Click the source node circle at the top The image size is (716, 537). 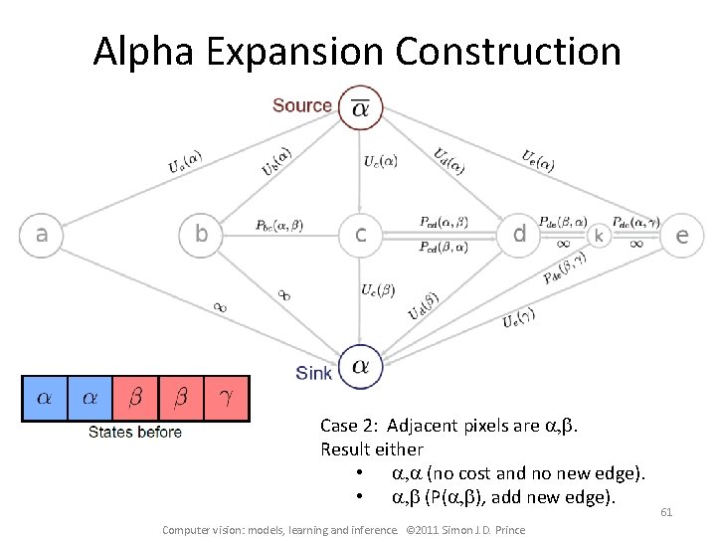point(360,107)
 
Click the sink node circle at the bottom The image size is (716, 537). point(361,368)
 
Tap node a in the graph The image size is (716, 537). point(42,235)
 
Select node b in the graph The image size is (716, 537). point(202,235)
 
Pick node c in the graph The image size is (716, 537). point(361,235)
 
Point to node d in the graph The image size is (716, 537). point(519,235)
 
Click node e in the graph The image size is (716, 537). point(682,236)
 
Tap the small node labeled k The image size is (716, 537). point(599,236)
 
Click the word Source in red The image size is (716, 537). point(302,105)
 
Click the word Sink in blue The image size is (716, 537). point(314,374)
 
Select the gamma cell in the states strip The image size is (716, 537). point(228,398)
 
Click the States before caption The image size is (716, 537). point(135,432)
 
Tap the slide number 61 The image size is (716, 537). point(666,513)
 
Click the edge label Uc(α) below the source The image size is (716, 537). point(381,160)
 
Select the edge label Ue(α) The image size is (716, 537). point(538,159)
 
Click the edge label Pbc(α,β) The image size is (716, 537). point(279,226)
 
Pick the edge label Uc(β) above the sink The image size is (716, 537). point(378,289)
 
